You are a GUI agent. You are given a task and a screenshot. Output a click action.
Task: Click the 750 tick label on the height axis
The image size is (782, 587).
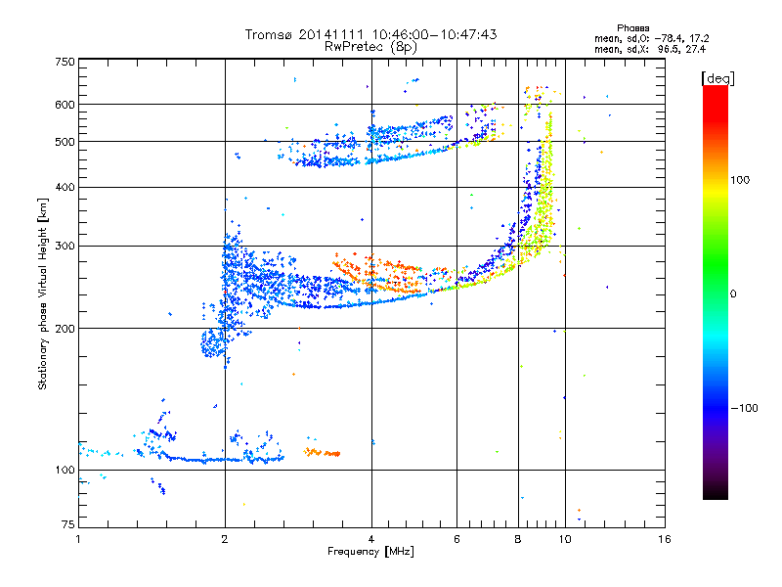click(x=65, y=61)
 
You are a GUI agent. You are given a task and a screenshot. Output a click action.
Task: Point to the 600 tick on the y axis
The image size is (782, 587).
click(x=65, y=104)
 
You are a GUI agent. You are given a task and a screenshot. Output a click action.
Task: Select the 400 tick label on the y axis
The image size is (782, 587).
click(x=65, y=186)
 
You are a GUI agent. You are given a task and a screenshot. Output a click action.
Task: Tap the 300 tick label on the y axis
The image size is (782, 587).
click(x=65, y=246)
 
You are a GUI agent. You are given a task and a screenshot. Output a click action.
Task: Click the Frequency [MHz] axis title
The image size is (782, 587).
click(x=370, y=552)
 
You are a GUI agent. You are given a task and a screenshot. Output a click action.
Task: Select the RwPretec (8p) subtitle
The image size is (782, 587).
click(x=370, y=46)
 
